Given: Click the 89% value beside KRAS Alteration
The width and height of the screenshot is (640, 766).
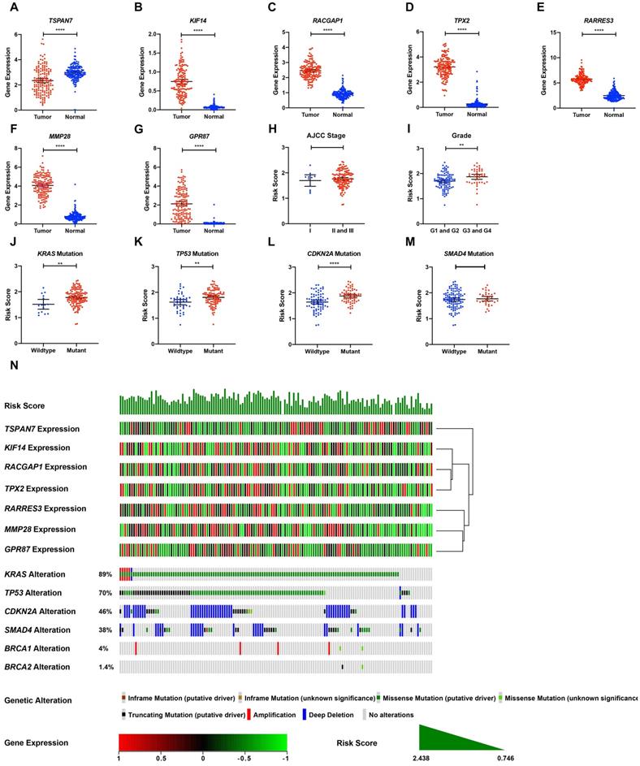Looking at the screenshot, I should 104,573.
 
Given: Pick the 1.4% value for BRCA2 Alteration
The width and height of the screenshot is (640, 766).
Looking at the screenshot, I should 105,668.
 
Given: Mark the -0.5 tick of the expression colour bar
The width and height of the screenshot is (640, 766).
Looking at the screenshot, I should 244,755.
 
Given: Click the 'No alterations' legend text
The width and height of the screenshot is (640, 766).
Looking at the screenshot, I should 391,715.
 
